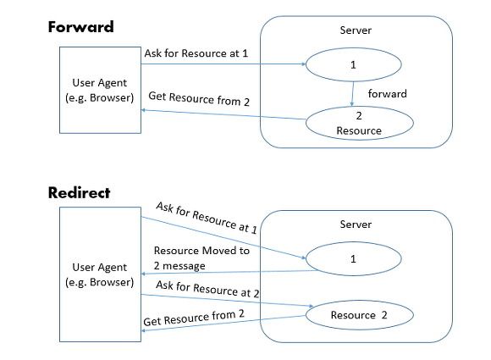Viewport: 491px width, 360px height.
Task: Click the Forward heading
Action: [x=80, y=27]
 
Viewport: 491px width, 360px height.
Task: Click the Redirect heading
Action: [x=80, y=192]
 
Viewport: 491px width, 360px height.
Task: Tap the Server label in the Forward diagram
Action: [x=356, y=30]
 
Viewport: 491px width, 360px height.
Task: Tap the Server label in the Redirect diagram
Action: [x=356, y=224]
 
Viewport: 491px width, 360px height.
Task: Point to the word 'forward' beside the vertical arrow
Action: [x=388, y=94]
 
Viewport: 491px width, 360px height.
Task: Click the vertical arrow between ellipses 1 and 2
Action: [x=353, y=94]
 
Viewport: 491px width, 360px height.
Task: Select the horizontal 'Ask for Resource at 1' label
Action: [x=196, y=53]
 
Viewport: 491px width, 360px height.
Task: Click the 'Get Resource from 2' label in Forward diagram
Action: [x=199, y=99]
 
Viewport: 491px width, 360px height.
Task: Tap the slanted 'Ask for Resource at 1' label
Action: [x=207, y=218]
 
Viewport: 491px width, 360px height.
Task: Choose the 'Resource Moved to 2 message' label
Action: [x=201, y=258]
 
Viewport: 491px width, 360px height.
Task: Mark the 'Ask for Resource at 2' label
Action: [x=207, y=289]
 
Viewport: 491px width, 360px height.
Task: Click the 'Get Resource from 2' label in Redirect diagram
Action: [x=194, y=318]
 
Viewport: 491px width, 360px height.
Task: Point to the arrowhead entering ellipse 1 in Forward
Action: [x=303, y=64]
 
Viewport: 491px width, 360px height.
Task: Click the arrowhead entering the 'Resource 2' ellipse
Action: [x=311, y=306]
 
